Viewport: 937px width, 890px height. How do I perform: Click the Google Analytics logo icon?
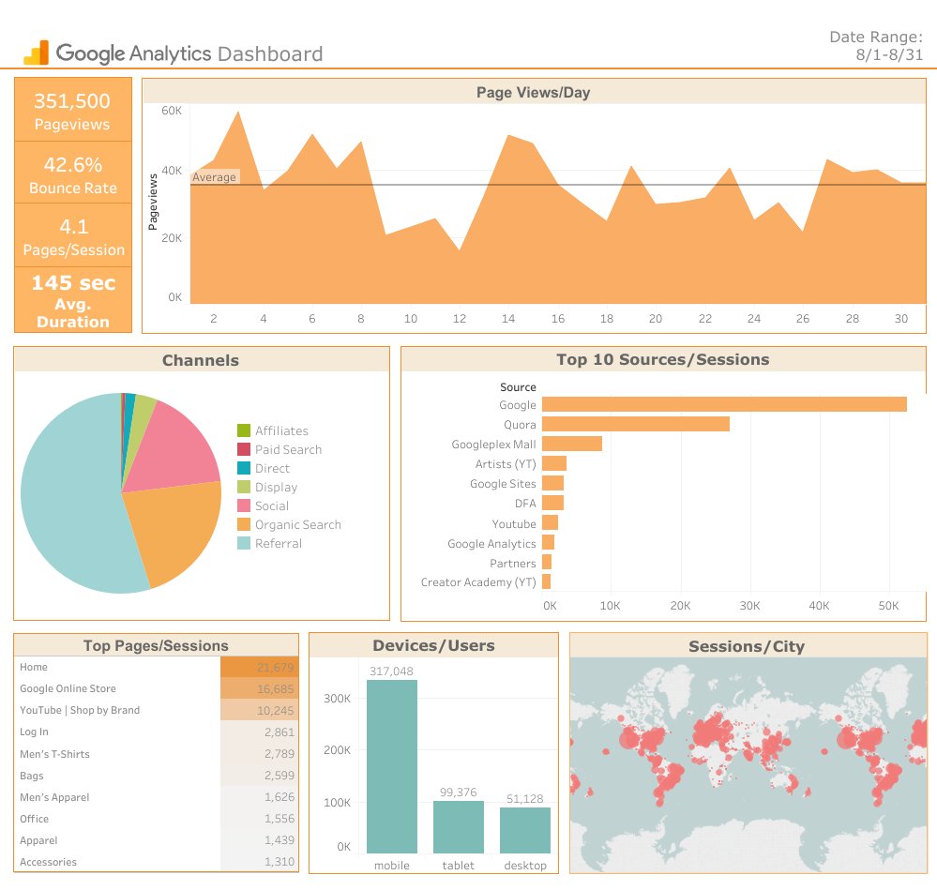coord(36,53)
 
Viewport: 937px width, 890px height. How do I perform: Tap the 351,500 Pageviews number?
coord(72,101)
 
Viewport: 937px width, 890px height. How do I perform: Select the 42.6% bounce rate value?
coord(72,165)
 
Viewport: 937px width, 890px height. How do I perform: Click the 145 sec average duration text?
coord(73,283)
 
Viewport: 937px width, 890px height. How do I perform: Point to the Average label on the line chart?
coord(215,177)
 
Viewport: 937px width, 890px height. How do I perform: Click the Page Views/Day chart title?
coord(533,92)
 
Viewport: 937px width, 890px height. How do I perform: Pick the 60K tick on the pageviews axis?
coord(171,110)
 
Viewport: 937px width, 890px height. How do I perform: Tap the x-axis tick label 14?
coord(508,319)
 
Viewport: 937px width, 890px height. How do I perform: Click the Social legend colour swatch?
coord(244,505)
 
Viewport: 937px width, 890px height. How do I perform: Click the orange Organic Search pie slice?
coord(174,535)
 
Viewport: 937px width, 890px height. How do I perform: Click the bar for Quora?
coord(635,424)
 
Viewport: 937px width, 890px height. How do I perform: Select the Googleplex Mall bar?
coord(571,444)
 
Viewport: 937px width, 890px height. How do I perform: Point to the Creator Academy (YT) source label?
coord(478,582)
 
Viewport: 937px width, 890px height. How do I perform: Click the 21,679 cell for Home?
coord(259,667)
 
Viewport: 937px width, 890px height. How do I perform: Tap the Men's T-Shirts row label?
coord(54,754)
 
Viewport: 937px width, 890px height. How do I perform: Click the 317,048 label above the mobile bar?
coord(391,671)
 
